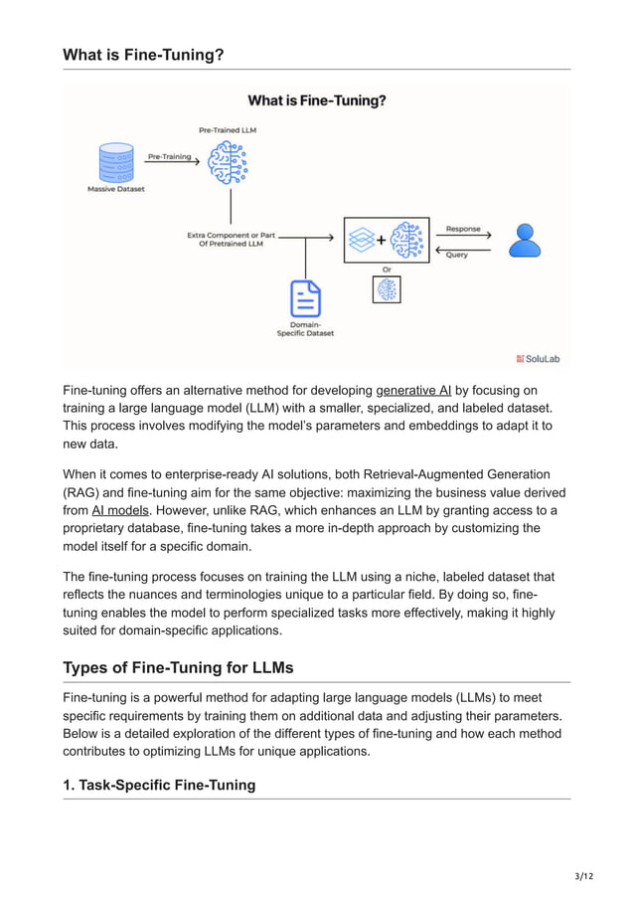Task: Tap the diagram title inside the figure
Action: point(317,100)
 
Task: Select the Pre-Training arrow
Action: point(170,157)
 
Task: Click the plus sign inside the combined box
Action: point(381,240)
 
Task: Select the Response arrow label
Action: point(463,229)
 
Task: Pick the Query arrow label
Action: point(457,254)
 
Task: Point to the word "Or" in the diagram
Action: point(387,269)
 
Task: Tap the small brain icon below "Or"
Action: point(387,289)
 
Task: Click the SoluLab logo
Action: point(538,358)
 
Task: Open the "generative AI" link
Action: point(413,391)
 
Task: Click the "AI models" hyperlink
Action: point(120,510)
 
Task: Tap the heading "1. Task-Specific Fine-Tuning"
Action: point(159,785)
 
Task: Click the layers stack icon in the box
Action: point(361,240)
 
